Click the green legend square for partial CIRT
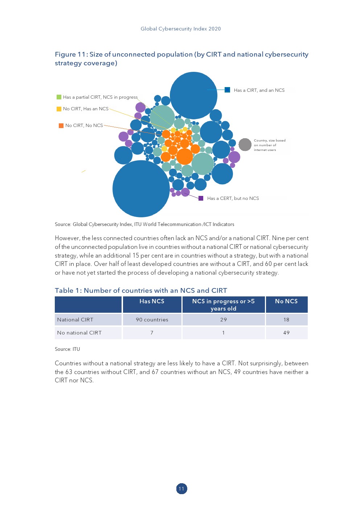pos(59,97)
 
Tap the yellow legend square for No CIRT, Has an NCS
pos(59,109)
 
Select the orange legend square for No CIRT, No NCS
pos(61,126)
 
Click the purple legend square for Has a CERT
pos(201,198)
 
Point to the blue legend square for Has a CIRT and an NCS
pos(228,90)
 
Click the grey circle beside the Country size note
pos(245,145)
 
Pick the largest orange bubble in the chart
pos(184,156)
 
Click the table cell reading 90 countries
pos(152,320)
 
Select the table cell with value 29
pos(224,320)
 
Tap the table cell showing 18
pos(286,320)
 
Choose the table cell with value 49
pos(286,333)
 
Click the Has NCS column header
pos(152,301)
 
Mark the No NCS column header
pos(286,301)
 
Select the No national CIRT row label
pos(79,333)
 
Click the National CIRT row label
pos(75,320)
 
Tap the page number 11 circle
pos(181,489)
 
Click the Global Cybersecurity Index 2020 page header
pos(181,29)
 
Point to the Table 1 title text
pos(141,290)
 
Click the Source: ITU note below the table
pos(67,349)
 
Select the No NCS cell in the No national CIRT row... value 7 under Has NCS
pos(152,333)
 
